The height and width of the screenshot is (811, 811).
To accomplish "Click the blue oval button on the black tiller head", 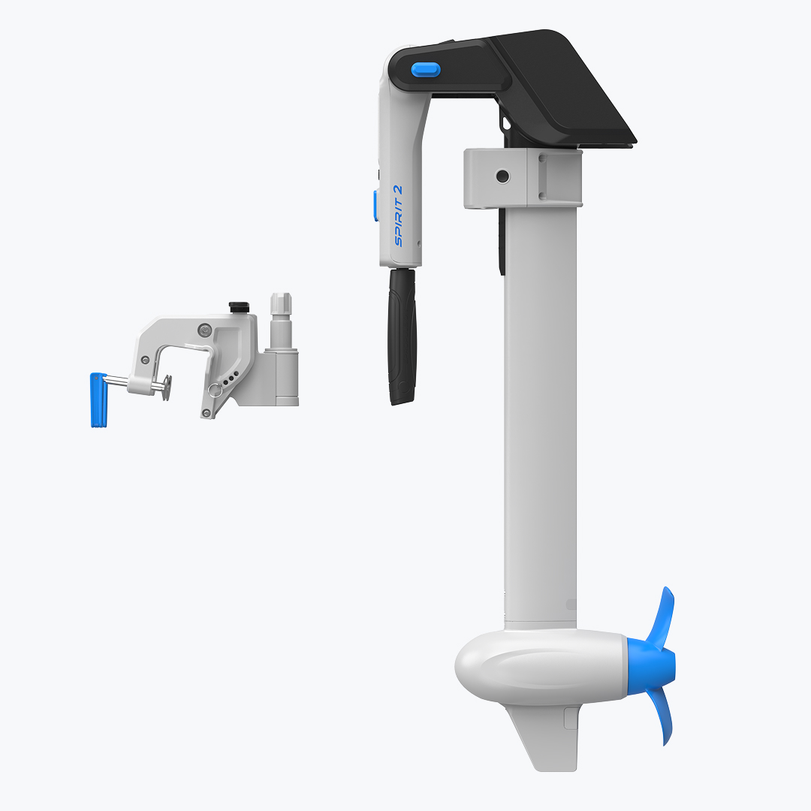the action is coord(426,69).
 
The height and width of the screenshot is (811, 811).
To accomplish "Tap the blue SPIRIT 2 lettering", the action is coord(398,216).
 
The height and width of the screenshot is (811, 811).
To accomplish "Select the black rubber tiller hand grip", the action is coord(402,336).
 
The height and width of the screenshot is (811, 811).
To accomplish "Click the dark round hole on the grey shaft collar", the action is coord(502,176).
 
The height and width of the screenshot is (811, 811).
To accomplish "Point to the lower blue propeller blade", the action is coord(662,716).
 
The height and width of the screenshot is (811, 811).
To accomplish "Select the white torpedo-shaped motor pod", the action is coord(541,666).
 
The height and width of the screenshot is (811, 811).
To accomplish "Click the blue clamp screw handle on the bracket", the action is coord(98,399).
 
